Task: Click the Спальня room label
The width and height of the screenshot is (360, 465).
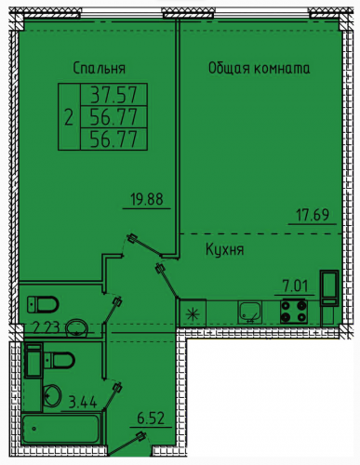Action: (100, 68)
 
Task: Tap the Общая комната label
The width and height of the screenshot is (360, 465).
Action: (260, 68)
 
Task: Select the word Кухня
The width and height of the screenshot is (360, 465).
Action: (225, 249)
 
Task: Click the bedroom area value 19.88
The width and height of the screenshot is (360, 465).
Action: (147, 199)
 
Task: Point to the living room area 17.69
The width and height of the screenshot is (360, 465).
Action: (313, 215)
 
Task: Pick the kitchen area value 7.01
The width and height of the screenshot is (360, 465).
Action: (295, 286)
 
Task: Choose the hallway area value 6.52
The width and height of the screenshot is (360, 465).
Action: (151, 418)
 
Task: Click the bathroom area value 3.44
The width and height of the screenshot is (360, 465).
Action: (83, 403)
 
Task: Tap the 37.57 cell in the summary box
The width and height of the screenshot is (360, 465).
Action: (113, 95)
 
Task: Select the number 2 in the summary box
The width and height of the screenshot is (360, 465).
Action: (69, 118)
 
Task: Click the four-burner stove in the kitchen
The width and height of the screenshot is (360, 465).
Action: (294, 312)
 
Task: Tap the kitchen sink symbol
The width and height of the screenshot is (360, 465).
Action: (249, 312)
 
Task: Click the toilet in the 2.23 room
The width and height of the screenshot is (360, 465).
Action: (43, 304)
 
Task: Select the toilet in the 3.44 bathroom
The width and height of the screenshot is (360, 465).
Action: (60, 360)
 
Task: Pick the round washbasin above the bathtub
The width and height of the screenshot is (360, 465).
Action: (52, 395)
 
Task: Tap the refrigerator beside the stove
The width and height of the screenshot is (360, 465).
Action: (329, 288)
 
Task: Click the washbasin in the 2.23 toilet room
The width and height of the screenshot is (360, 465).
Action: (76, 327)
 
